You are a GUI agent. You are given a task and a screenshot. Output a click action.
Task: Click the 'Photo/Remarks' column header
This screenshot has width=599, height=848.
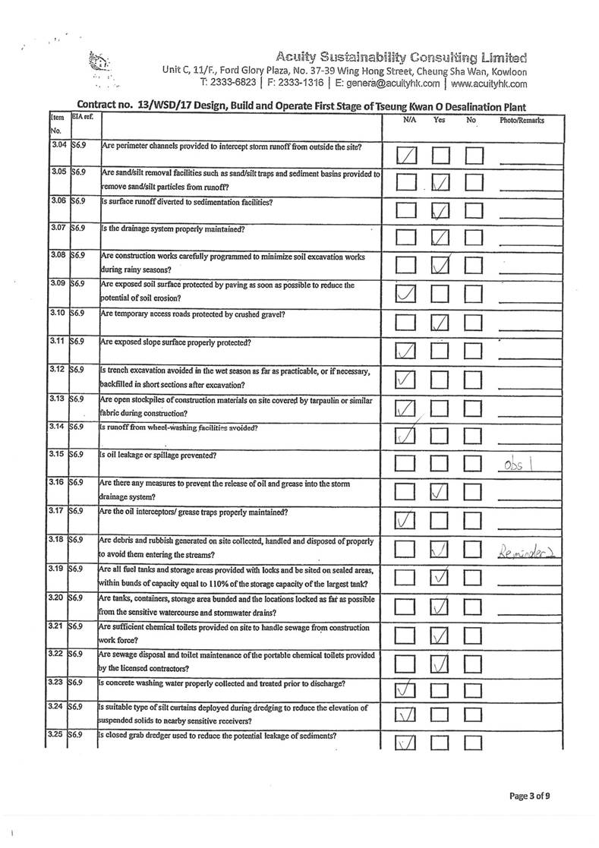522,120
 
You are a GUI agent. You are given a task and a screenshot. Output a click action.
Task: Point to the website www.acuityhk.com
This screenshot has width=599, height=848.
489,84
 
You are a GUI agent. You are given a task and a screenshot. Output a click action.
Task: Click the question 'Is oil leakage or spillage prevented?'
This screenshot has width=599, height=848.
159,456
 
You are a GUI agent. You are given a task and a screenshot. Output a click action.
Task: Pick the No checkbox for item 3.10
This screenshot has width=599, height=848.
474,323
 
